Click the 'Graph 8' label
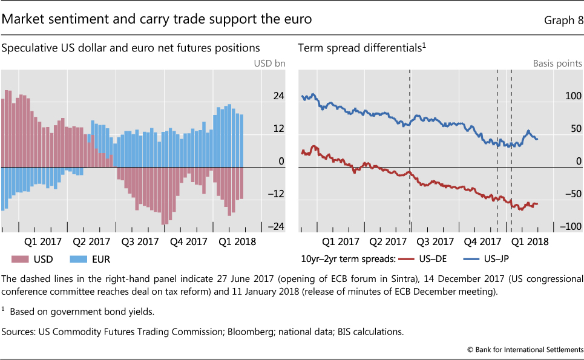[x=563, y=20]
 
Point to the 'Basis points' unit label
[x=557, y=63]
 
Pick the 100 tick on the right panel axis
[x=573, y=96]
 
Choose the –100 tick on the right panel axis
[x=570, y=226]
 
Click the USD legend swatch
[x=21, y=259]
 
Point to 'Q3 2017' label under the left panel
[x=140, y=241]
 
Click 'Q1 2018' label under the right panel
[x=529, y=241]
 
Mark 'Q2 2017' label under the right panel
[x=387, y=241]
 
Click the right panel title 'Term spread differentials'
[x=358, y=47]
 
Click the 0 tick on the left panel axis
[x=281, y=161]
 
